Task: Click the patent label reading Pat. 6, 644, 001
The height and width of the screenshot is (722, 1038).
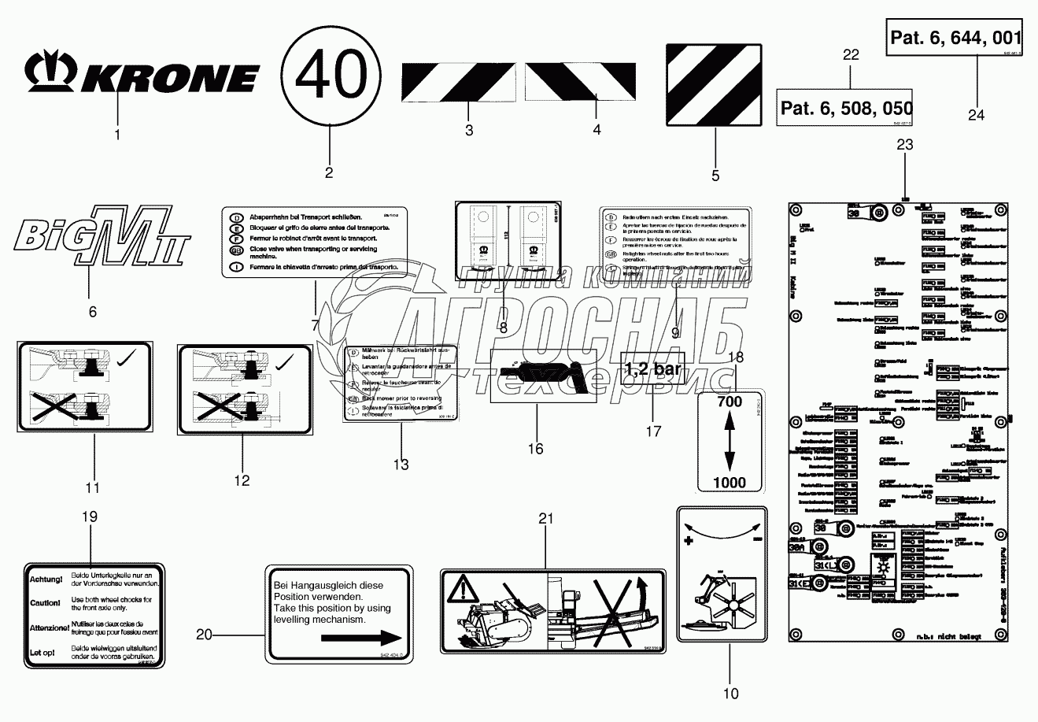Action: [955, 37]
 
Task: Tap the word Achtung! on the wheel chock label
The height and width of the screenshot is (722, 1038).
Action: [46, 579]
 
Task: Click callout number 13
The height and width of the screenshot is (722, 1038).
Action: [401, 465]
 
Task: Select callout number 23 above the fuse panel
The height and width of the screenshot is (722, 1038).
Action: [905, 144]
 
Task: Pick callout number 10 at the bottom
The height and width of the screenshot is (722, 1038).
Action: [731, 694]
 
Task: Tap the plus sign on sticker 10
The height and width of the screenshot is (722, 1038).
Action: [689, 542]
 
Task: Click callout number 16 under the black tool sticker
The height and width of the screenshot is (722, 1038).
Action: [535, 450]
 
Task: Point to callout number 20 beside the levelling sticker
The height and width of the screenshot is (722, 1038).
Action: [204, 635]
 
